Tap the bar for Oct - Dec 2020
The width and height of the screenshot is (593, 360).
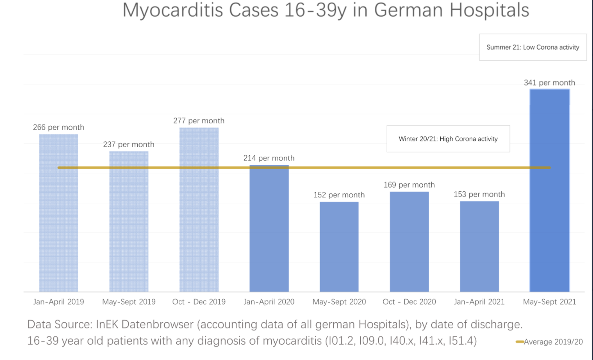tap(409, 242)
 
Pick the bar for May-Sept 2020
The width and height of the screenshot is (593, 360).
tap(339, 247)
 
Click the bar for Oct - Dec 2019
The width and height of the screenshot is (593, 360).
tap(199, 210)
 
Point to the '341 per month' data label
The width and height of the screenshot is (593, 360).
tap(549, 83)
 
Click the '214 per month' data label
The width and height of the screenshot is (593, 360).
tap(269, 158)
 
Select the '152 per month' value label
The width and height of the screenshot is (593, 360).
tap(339, 195)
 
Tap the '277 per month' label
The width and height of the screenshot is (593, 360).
tap(199, 121)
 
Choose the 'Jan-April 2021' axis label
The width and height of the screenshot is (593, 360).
tap(479, 302)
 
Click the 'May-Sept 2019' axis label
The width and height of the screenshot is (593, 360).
tap(129, 302)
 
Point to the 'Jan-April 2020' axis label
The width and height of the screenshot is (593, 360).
tap(269, 302)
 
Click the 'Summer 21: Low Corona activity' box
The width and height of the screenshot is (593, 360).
tap(533, 47)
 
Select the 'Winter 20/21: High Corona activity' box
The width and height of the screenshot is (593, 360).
tap(448, 139)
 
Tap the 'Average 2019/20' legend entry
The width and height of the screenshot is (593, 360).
tap(549, 342)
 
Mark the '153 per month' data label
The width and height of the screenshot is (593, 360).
tap(479, 194)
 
